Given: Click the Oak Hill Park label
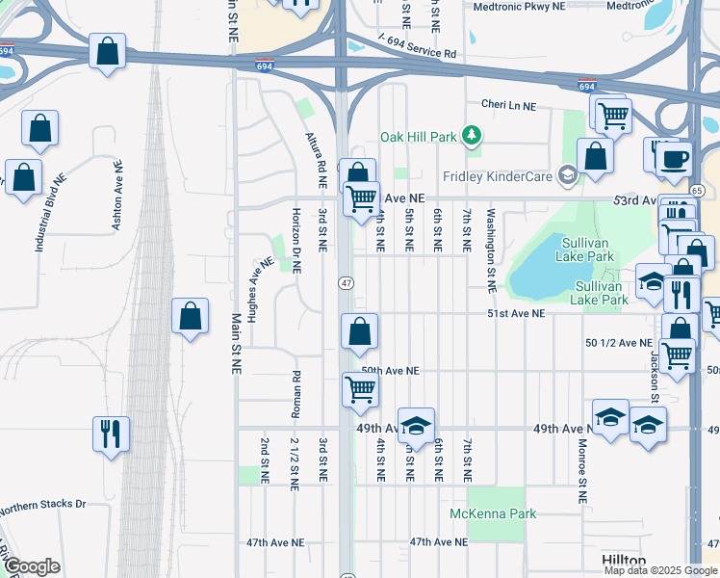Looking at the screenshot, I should click(418, 137).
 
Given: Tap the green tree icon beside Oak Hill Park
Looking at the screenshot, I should click(472, 136).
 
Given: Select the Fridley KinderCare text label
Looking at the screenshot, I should click(499, 176).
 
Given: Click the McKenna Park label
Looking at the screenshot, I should click(493, 513).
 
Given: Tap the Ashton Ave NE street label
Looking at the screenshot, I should click(118, 196).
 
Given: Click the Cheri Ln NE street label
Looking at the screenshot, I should click(508, 105).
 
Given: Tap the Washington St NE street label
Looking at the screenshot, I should click(490, 250).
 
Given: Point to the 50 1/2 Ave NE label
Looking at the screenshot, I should click(618, 342).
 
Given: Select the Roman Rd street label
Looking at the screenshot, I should click(296, 395).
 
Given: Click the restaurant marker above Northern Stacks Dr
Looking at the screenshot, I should click(111, 433).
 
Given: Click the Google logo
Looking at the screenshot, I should click(32, 566).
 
